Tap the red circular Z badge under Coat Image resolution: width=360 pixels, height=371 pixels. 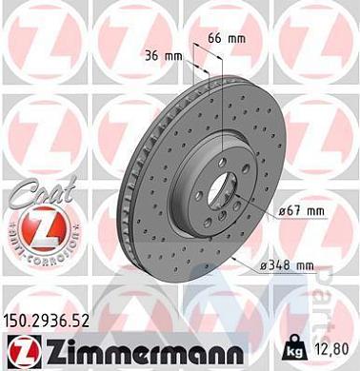[31, 231]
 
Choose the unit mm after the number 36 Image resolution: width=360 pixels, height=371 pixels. [173, 56]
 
